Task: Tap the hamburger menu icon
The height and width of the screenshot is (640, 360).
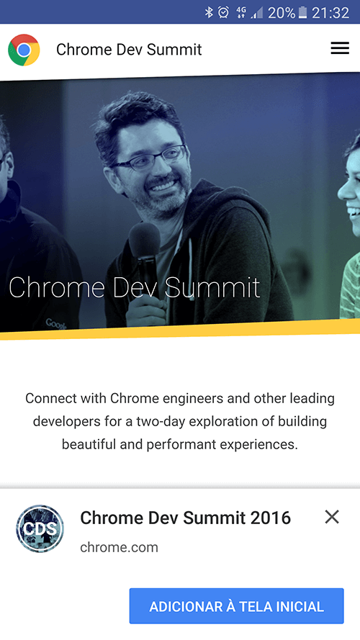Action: point(340,48)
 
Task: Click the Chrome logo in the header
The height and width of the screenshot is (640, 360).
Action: point(24,50)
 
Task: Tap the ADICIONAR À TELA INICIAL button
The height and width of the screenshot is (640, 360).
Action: point(237,605)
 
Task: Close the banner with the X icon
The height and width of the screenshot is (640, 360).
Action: point(332,517)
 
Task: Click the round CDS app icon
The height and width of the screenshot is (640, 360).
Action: point(40,529)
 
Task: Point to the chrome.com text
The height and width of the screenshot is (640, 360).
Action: point(120,547)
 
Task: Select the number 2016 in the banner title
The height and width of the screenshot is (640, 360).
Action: point(271,518)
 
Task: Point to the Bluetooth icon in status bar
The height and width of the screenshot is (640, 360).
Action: point(209,12)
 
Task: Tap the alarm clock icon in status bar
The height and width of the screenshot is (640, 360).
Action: point(223,12)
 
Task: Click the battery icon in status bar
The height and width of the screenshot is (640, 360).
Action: point(302,12)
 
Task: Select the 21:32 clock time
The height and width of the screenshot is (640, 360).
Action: point(330,13)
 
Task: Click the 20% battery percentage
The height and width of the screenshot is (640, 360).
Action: point(282,13)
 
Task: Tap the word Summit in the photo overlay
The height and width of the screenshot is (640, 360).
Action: point(212,287)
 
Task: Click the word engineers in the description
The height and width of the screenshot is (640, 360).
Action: point(193,399)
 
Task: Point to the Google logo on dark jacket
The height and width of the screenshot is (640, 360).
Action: point(56,324)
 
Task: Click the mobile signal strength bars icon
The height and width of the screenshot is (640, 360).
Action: point(257,13)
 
